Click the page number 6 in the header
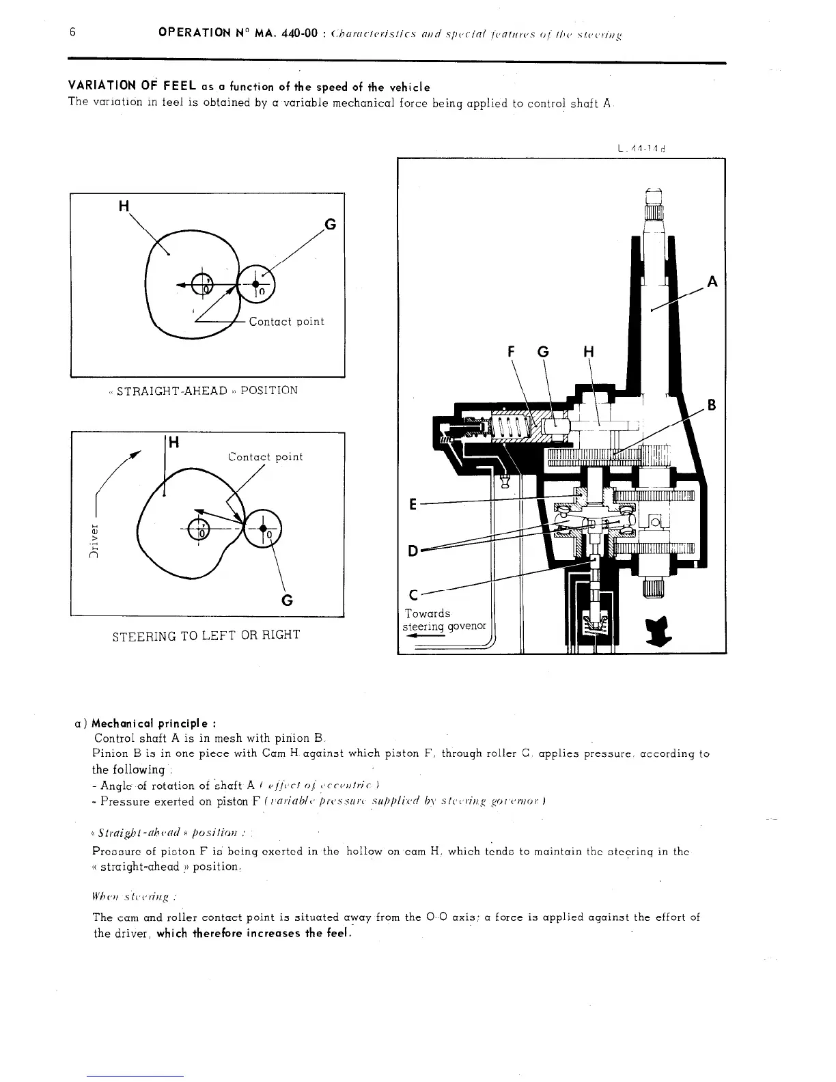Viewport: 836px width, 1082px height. [x=71, y=32]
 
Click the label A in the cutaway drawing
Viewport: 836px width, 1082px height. [x=712, y=281]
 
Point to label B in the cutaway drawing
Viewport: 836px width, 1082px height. [x=711, y=404]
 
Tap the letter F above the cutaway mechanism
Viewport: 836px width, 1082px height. [x=512, y=352]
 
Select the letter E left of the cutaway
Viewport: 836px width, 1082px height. [x=413, y=505]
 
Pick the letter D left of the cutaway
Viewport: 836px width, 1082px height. [x=413, y=550]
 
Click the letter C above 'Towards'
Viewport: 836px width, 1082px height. [x=413, y=594]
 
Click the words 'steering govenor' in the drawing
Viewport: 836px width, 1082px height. [x=444, y=626]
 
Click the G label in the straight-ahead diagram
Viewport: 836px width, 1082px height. [x=330, y=224]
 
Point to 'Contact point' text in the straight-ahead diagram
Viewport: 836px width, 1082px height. [x=286, y=322]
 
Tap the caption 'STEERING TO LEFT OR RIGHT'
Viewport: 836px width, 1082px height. [x=206, y=635]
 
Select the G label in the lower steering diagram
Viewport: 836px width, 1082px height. [x=288, y=600]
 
